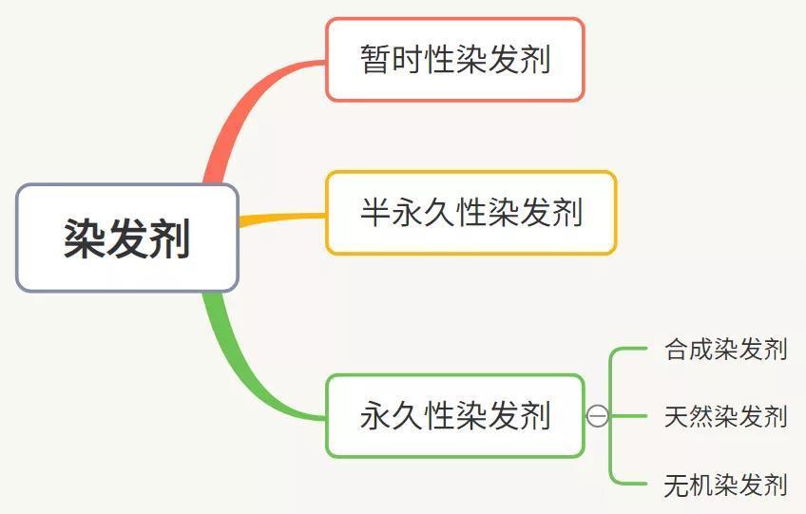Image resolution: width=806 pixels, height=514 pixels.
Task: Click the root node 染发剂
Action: (x=127, y=238)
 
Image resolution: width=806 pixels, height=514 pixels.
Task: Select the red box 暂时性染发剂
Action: (x=455, y=60)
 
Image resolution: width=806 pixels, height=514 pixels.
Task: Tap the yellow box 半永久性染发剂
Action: (x=470, y=213)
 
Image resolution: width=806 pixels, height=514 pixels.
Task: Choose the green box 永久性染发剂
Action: (x=455, y=416)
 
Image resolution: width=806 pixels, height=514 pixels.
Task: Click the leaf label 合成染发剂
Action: (x=726, y=350)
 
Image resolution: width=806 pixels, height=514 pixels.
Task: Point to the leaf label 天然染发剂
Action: (x=726, y=416)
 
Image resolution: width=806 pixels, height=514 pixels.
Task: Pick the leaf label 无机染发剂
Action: (x=726, y=485)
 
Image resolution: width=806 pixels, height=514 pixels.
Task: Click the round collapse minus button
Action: (x=597, y=416)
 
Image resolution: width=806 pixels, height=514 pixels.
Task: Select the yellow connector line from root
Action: (x=282, y=219)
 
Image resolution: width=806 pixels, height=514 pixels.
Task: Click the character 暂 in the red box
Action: (x=375, y=60)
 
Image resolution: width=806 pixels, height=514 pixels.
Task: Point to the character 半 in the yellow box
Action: (x=375, y=212)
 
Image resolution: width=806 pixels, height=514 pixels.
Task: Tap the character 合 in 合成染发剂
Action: (x=677, y=350)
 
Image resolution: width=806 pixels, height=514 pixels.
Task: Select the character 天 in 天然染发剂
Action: (x=677, y=416)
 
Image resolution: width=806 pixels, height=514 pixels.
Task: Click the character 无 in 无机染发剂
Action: (x=677, y=485)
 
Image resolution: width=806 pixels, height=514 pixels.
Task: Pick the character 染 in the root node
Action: (x=85, y=238)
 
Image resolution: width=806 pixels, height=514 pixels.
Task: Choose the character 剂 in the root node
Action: (x=169, y=238)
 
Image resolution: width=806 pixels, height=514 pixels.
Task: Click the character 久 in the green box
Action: (x=407, y=416)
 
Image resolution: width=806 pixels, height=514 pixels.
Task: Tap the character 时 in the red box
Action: (x=407, y=60)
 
